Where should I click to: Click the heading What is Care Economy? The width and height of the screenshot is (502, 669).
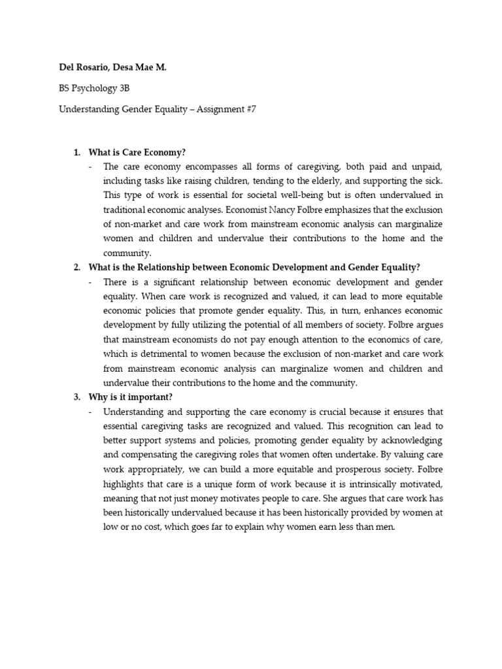click(137, 152)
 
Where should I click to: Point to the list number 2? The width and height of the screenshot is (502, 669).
click(76, 267)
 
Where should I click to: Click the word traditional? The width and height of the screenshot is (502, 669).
click(125, 210)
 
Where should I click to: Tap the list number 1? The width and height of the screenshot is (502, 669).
click(76, 152)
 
